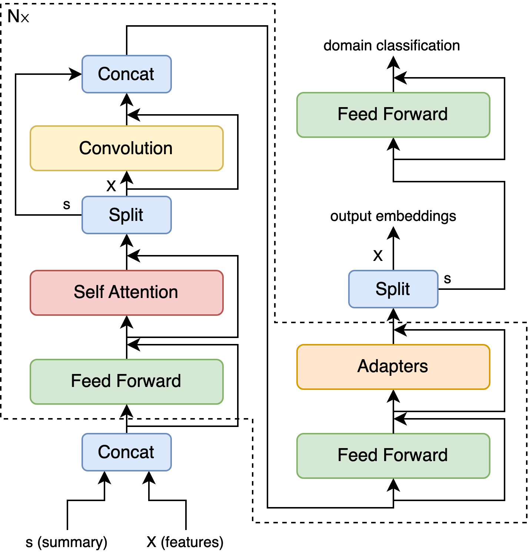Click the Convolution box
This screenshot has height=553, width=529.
coord(126,148)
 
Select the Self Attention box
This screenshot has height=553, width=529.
coord(126,292)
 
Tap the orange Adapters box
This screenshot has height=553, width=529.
coord(393,367)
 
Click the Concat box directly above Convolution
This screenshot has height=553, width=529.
coord(126,74)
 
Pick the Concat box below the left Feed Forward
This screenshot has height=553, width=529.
coord(126,452)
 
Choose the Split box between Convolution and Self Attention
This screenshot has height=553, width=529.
coord(126,215)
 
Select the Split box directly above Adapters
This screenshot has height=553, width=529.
coord(393,289)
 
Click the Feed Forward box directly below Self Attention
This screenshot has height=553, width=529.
coord(126,381)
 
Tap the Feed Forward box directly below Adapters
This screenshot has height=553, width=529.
coord(393,456)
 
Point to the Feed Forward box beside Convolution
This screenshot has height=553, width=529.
coord(393,115)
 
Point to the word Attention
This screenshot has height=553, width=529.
coord(143,292)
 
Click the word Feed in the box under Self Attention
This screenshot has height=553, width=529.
coord(91,381)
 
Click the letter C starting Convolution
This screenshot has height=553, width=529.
coord(85,148)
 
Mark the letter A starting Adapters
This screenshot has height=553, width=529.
coord(363,366)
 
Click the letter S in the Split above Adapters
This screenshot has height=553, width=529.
coord(381,289)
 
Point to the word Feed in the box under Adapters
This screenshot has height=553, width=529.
coord(357,455)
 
